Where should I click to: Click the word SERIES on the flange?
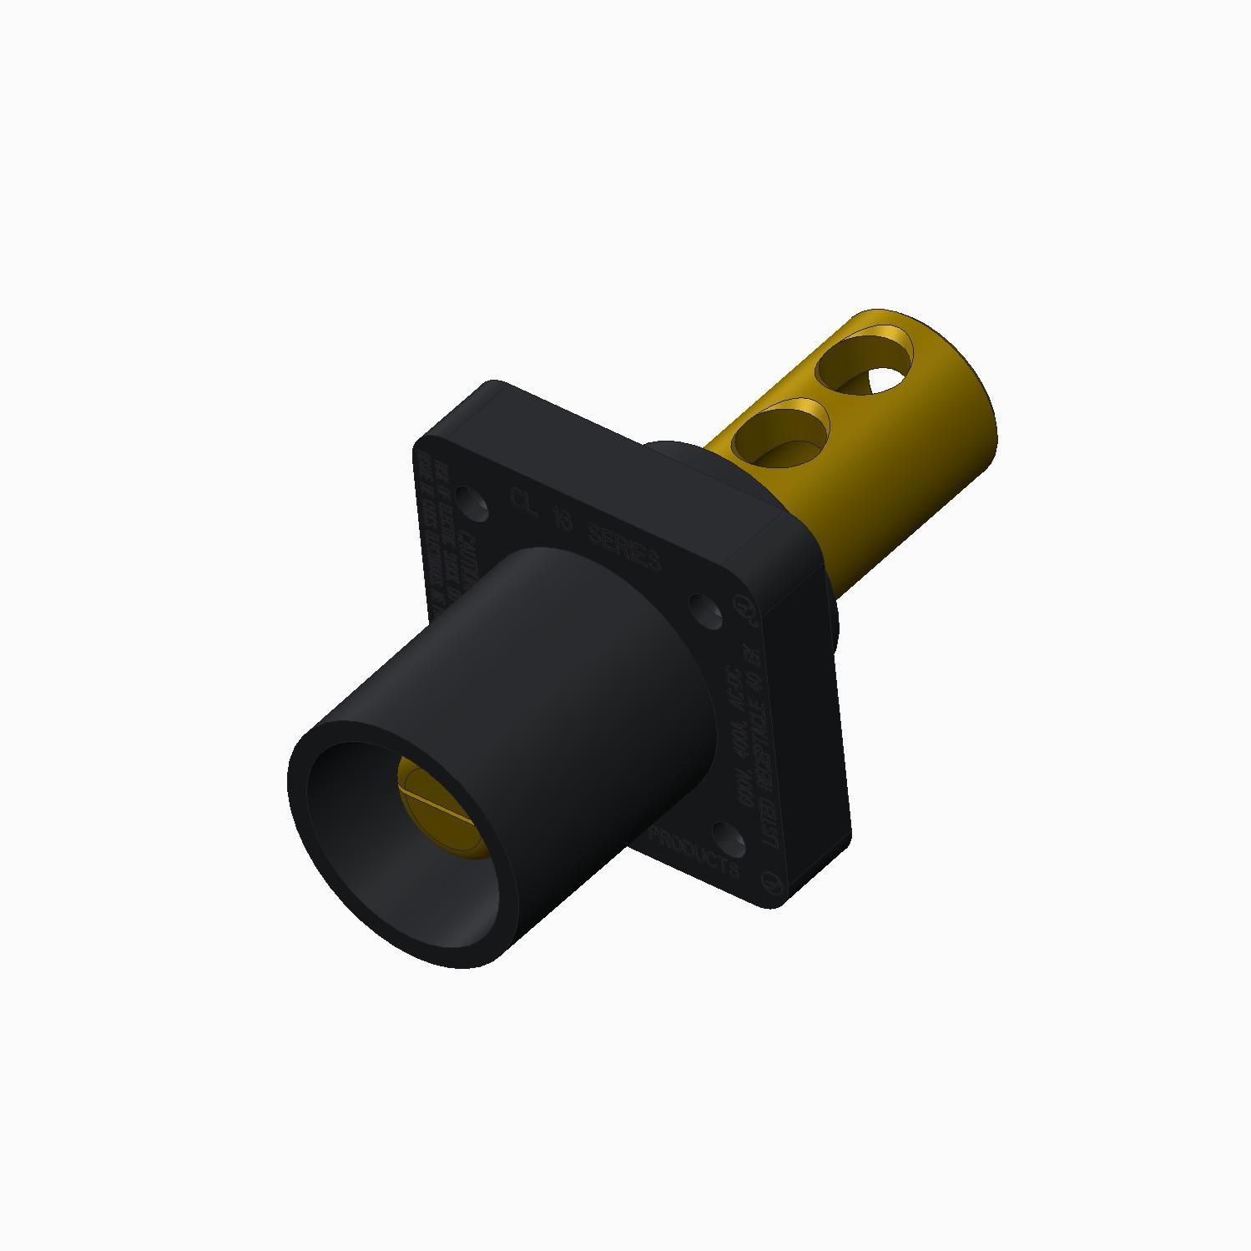[x=624, y=547]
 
